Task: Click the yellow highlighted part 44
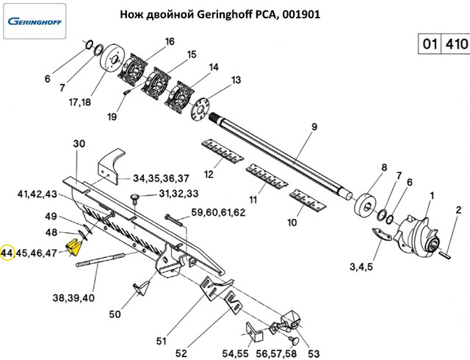74,245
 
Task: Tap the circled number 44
8,253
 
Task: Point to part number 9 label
314,127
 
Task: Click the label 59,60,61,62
218,213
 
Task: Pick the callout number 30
80,143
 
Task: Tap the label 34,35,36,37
161,178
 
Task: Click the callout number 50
115,314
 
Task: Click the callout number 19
112,117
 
